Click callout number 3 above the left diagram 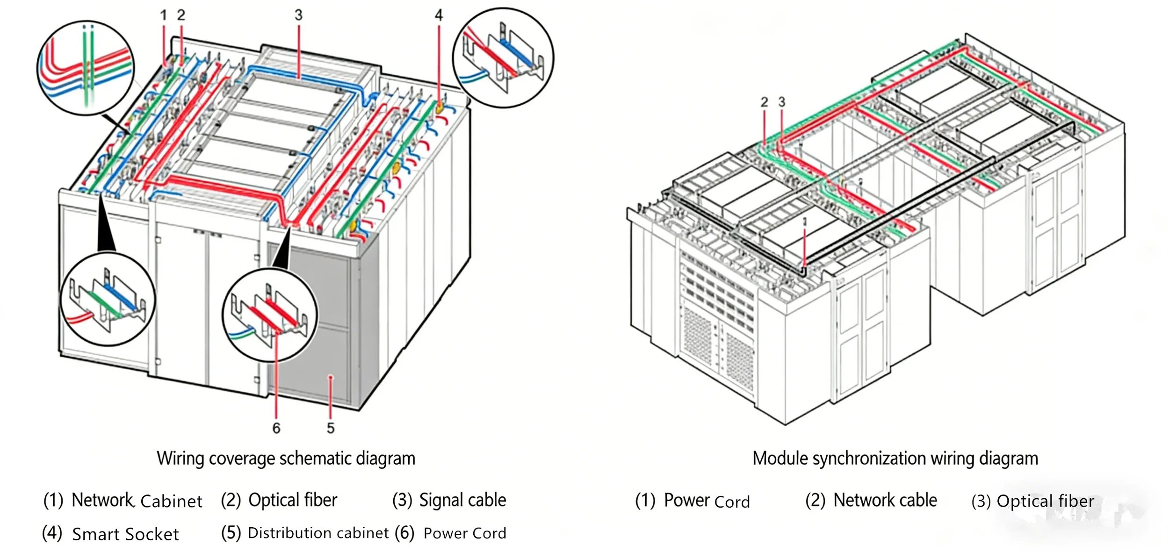click(x=298, y=15)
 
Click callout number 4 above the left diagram click(x=438, y=15)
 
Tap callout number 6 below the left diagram click(x=276, y=428)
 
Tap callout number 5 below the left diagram click(x=331, y=428)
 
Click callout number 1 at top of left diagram click(x=163, y=15)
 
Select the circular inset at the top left click(x=86, y=68)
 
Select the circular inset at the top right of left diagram click(x=503, y=57)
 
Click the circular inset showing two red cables click(x=270, y=315)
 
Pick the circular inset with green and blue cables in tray click(x=108, y=299)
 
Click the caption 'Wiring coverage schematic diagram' click(x=286, y=459)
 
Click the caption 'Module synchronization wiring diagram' click(x=895, y=459)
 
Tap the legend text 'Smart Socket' click(x=125, y=534)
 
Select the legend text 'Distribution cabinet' click(x=318, y=533)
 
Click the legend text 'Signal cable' click(x=462, y=500)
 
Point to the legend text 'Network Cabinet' click(x=137, y=501)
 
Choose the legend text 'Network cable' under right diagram click(x=885, y=500)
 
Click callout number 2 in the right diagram click(x=764, y=102)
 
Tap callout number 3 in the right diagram click(x=781, y=102)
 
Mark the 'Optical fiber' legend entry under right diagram click(x=1045, y=501)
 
